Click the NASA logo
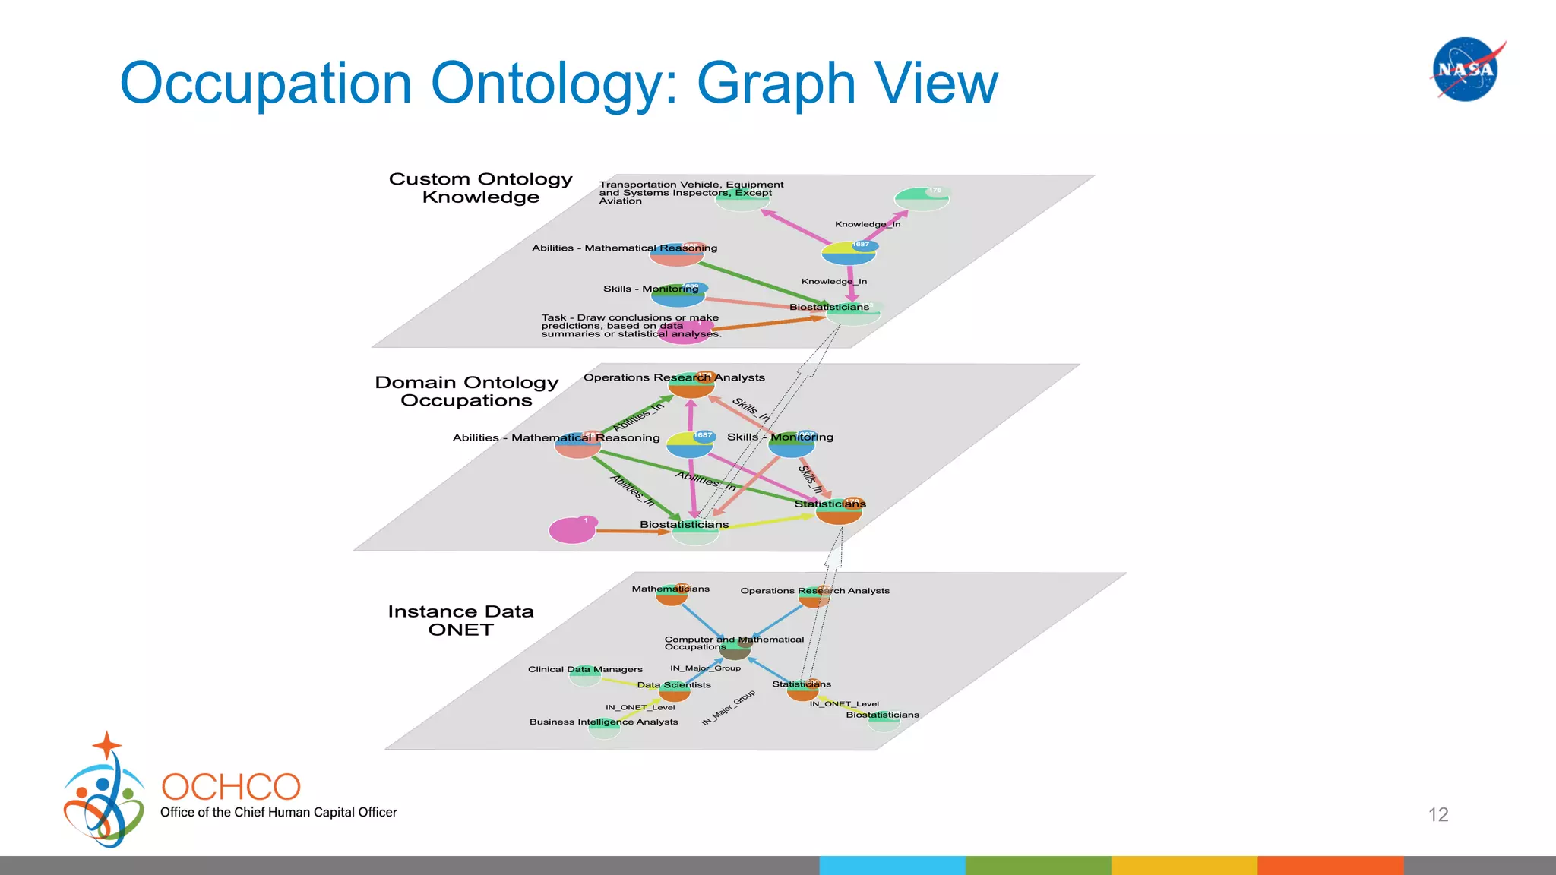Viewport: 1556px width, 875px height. point(1466,69)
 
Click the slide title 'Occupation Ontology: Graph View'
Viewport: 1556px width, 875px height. point(558,83)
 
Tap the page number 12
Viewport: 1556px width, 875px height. point(1437,815)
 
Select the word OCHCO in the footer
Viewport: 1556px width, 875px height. point(231,787)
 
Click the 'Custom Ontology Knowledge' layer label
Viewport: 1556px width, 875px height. point(480,188)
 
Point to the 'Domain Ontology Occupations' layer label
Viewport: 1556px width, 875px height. point(466,391)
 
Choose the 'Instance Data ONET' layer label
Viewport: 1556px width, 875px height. point(460,621)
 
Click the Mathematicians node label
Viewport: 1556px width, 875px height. point(670,589)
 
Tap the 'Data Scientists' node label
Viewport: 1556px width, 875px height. point(674,685)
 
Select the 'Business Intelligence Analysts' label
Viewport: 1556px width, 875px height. point(603,722)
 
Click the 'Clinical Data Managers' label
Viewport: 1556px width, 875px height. point(585,669)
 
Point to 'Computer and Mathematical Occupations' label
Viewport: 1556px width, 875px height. point(733,643)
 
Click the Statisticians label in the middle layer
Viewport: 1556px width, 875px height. point(830,504)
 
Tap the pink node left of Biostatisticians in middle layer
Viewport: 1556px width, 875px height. point(572,530)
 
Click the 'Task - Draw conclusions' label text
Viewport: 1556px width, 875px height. point(631,326)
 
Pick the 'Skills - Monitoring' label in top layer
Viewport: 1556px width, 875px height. point(650,289)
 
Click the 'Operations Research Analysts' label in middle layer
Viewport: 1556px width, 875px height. point(674,377)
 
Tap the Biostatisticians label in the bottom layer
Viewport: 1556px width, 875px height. point(882,715)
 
